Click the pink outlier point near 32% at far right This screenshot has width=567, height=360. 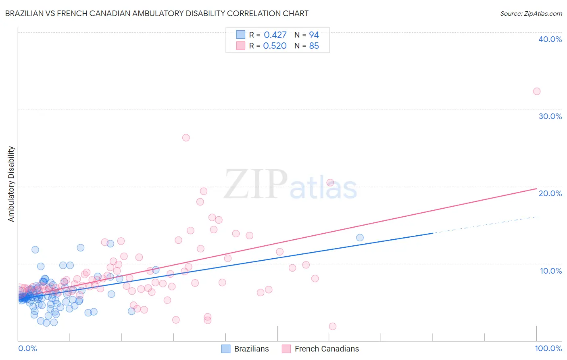click(x=536, y=91)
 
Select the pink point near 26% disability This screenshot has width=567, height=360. click(x=186, y=138)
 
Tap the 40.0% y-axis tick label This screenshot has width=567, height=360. click(x=550, y=39)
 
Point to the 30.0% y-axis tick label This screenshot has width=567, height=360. click(x=550, y=116)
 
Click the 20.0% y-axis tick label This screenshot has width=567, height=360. click(x=550, y=193)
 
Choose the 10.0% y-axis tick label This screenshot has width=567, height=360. click(x=551, y=271)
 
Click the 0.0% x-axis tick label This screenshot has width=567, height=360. click(x=27, y=348)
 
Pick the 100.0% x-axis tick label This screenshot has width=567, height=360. click(x=548, y=348)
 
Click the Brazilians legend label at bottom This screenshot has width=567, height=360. click(x=251, y=349)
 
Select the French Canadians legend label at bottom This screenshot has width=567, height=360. click(x=327, y=349)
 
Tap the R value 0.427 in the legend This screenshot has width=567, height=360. click(x=275, y=35)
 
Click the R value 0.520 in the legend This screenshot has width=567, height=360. click(x=275, y=46)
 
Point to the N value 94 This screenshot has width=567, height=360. click(x=314, y=35)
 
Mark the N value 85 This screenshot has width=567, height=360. click(x=314, y=46)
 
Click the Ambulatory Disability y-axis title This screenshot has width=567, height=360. click(x=11, y=184)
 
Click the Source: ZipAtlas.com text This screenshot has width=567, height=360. click(x=531, y=14)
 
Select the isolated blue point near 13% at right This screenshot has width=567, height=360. click(x=360, y=238)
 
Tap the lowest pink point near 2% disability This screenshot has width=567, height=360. click(x=333, y=326)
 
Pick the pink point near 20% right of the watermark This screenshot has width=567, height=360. click(x=330, y=182)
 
